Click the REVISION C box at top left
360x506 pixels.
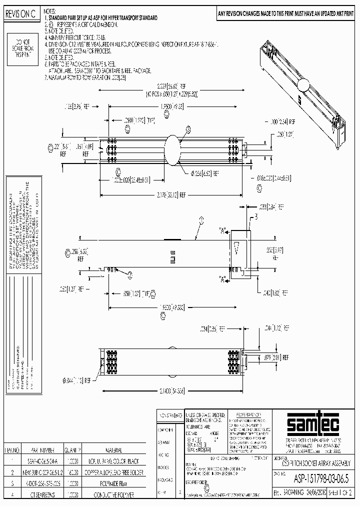(20, 15)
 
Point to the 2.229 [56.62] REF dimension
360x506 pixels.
(166, 86)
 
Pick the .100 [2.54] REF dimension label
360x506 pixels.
(281, 122)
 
